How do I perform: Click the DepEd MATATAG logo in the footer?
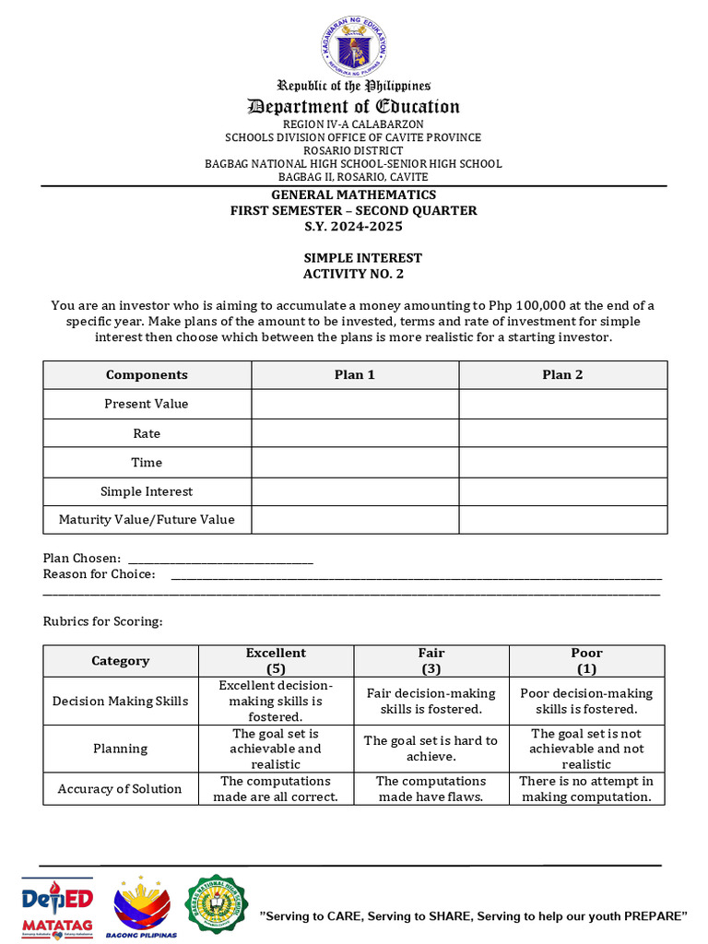(x=57, y=908)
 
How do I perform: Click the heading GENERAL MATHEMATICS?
(x=353, y=195)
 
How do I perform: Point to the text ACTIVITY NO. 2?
(x=353, y=274)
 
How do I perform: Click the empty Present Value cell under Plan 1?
(x=355, y=404)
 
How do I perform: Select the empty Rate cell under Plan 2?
(x=562, y=433)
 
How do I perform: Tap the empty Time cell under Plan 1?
(x=355, y=463)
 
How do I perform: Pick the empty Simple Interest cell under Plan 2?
(x=562, y=492)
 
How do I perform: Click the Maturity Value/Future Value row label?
(x=147, y=520)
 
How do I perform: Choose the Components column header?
(x=147, y=375)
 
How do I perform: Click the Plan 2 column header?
(x=562, y=375)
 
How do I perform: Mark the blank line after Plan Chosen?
(x=220, y=560)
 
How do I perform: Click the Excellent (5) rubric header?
(x=276, y=661)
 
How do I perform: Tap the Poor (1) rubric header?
(x=586, y=661)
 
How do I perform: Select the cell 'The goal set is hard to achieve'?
(x=431, y=749)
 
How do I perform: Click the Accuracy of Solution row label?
(x=120, y=789)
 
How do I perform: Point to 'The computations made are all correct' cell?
(x=276, y=789)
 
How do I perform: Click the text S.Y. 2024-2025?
(x=353, y=226)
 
